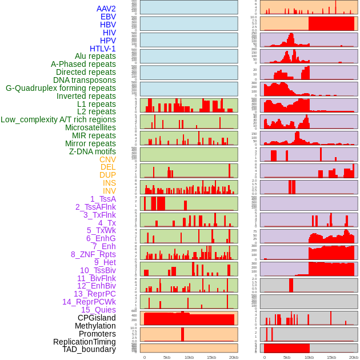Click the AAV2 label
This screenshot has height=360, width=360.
[106, 9]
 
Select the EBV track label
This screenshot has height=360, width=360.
[108, 17]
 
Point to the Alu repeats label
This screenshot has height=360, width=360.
[95, 56]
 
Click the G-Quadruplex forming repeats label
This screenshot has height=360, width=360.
[61, 88]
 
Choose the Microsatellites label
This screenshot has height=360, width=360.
[90, 127]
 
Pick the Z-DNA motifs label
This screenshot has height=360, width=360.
[92, 151]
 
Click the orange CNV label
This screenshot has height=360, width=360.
[107, 159]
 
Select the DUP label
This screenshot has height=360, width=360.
[107, 175]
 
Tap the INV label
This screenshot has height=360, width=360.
[109, 191]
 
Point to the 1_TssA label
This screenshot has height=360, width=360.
[103, 199]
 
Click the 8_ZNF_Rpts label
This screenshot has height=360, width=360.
[93, 254]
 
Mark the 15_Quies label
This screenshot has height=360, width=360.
[98, 310]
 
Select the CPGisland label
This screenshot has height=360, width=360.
[97, 318]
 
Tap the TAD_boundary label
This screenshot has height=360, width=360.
[89, 349]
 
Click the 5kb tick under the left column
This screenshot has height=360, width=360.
[167, 357]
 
